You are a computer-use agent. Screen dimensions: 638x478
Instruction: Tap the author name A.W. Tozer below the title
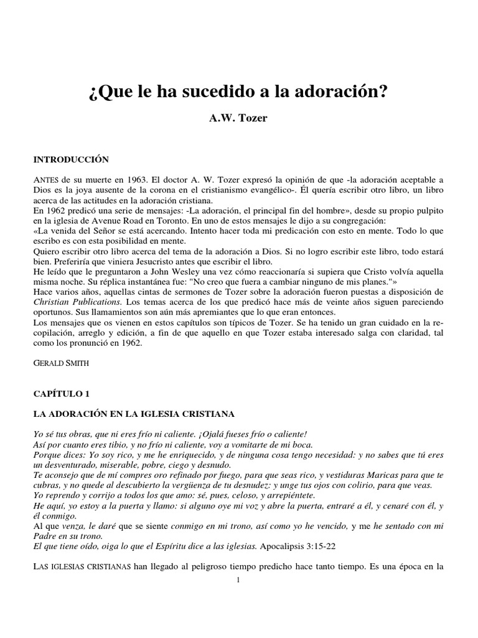pyautogui.click(x=238, y=118)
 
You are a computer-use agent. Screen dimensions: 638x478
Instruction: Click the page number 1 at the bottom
pyautogui.click(x=238, y=581)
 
